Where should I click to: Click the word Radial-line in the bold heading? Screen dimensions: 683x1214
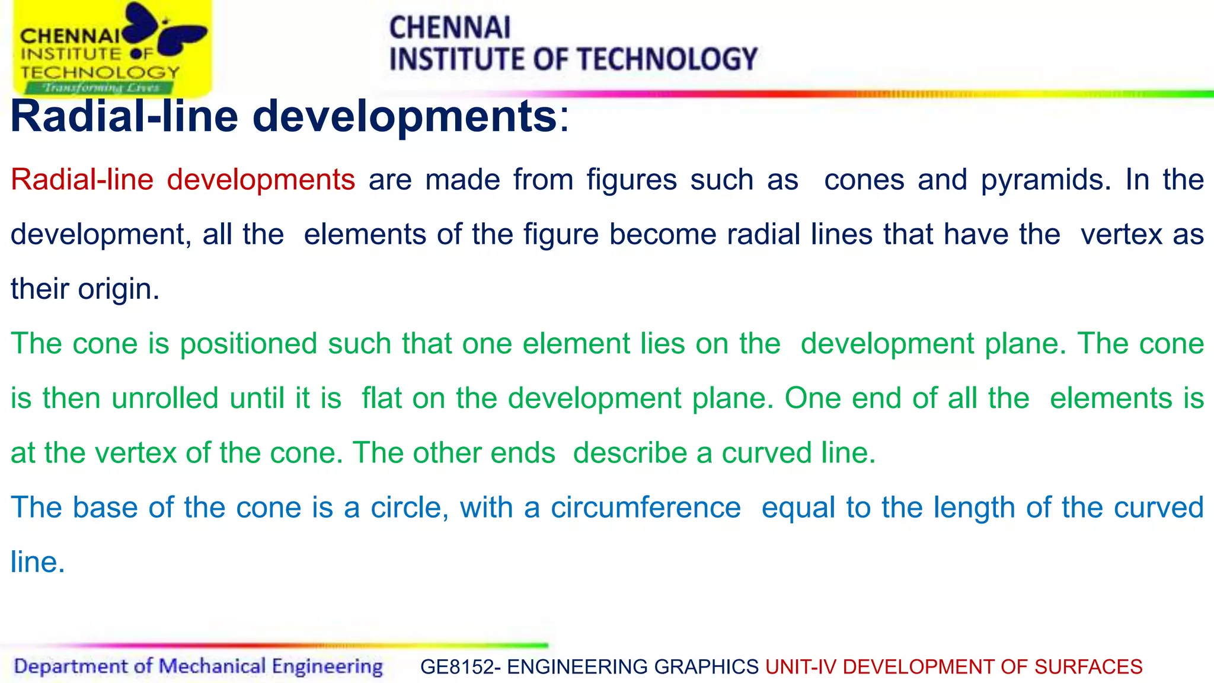click(x=124, y=116)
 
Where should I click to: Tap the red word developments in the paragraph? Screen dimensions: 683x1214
click(x=261, y=180)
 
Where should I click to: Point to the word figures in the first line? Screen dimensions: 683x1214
click(x=632, y=180)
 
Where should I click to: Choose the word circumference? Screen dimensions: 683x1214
click(x=646, y=508)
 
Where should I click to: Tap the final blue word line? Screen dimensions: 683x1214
click(x=37, y=562)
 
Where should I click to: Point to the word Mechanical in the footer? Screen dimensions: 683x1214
click(x=212, y=666)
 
